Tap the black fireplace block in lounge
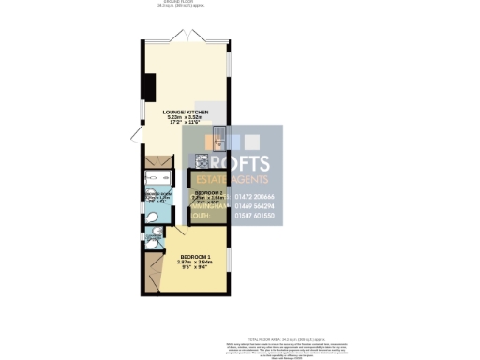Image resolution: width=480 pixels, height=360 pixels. [150, 86]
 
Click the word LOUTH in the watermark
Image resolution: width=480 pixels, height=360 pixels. [199, 216]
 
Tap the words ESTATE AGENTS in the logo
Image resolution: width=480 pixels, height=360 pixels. [230, 179]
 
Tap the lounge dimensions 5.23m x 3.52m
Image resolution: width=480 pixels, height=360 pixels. [184, 118]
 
